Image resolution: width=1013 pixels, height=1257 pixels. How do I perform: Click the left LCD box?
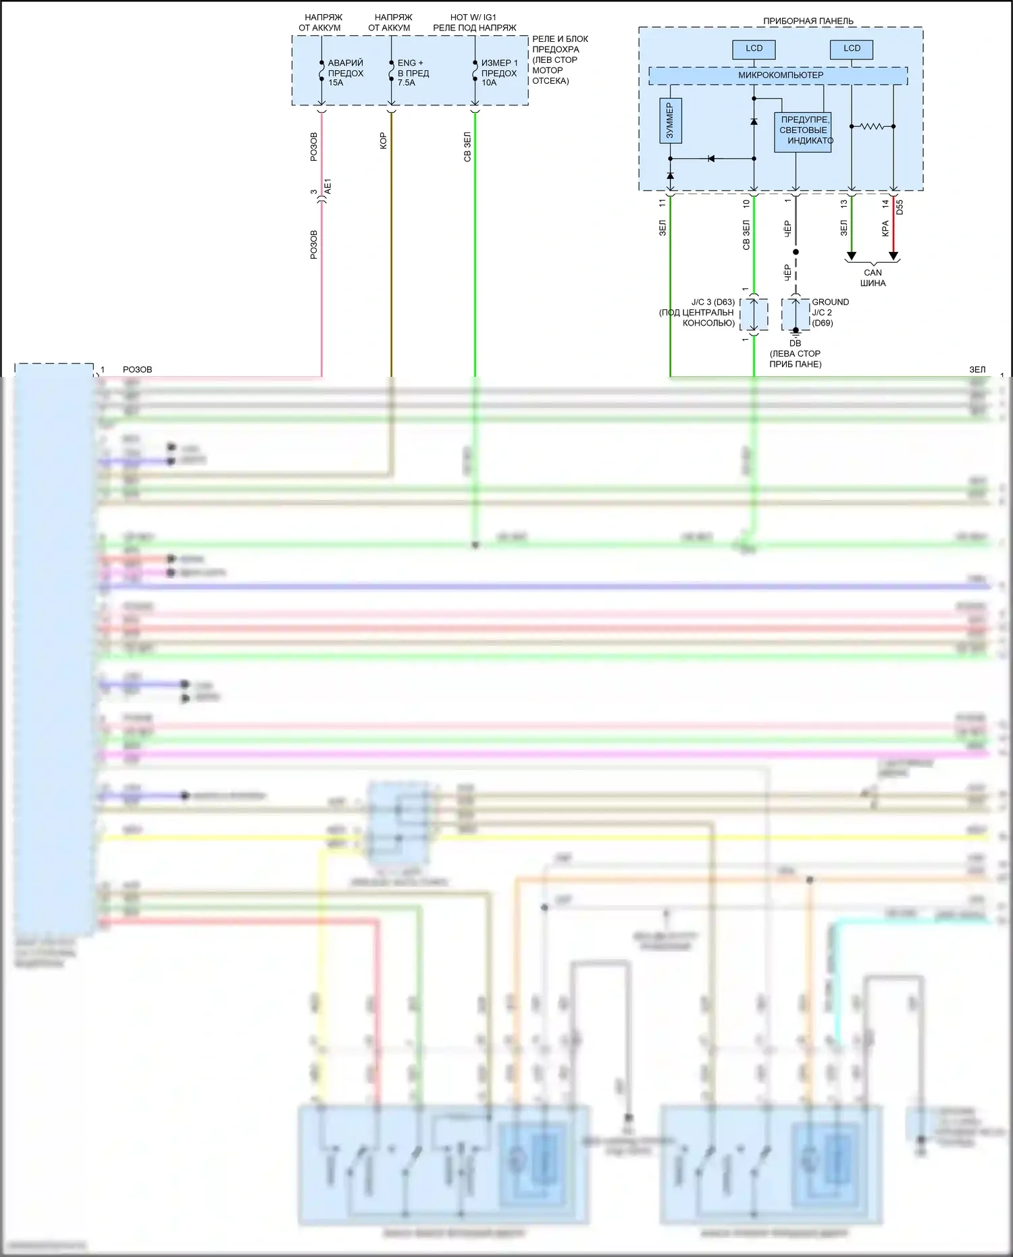coord(754,49)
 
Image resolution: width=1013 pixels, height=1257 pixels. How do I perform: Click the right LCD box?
coord(852,49)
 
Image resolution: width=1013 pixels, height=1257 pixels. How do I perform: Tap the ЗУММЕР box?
coord(670,121)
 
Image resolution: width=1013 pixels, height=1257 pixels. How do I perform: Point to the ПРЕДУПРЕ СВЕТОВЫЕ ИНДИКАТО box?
coord(803,131)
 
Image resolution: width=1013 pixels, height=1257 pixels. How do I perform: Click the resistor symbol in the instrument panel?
coord(872,126)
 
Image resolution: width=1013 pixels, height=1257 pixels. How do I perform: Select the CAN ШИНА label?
coord(873,278)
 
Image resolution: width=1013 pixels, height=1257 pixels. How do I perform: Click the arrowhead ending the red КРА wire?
coord(893,256)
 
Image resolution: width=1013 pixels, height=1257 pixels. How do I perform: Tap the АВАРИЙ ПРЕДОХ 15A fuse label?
coord(345,73)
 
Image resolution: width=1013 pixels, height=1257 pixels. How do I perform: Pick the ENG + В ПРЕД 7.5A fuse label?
coord(413,73)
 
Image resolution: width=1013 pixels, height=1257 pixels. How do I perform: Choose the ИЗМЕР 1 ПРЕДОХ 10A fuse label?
coord(499,73)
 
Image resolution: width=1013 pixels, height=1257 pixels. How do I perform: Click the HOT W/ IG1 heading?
coord(473,17)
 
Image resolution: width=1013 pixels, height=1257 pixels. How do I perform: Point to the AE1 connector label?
coord(328,187)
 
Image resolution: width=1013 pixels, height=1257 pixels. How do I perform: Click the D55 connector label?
coord(900,207)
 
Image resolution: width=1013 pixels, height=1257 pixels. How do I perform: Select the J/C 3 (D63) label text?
coord(712,302)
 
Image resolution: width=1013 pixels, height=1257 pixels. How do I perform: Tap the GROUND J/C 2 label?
coord(830,307)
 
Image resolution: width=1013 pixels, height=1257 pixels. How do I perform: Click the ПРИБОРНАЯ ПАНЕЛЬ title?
coord(808,21)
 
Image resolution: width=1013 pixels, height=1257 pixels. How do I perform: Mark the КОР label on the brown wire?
coord(384,140)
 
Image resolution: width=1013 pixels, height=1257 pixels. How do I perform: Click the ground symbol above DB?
coord(796,332)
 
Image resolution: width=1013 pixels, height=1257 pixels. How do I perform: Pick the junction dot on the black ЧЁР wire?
coord(796,252)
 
